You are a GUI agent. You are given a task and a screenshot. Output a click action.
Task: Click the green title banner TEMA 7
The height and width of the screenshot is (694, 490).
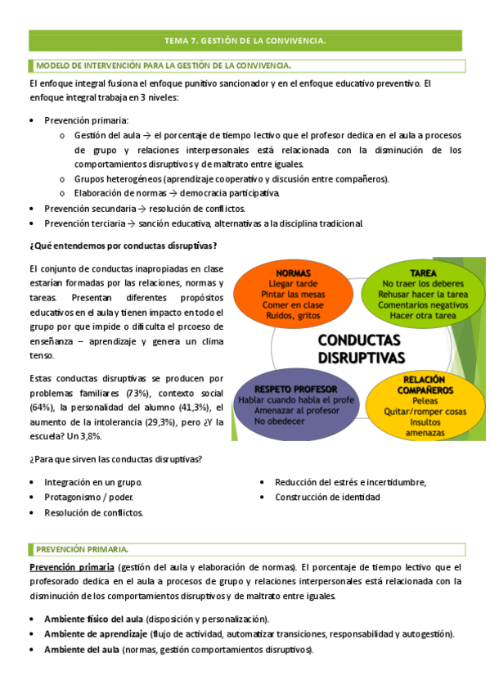245,39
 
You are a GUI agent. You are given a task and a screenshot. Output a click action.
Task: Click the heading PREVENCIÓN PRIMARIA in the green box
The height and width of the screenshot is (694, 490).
82,548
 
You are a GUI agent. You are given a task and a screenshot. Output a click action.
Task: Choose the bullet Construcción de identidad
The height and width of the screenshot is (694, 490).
327,497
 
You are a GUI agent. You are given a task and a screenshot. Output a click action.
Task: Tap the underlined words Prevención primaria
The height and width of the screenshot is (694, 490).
71,566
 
